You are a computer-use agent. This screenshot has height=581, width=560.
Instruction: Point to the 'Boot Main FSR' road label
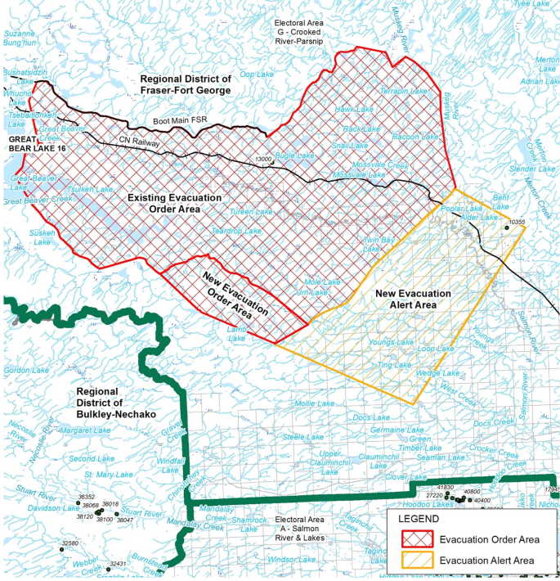[x=181, y=121]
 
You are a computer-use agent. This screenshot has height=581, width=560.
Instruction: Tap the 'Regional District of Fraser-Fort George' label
[x=186, y=84]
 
